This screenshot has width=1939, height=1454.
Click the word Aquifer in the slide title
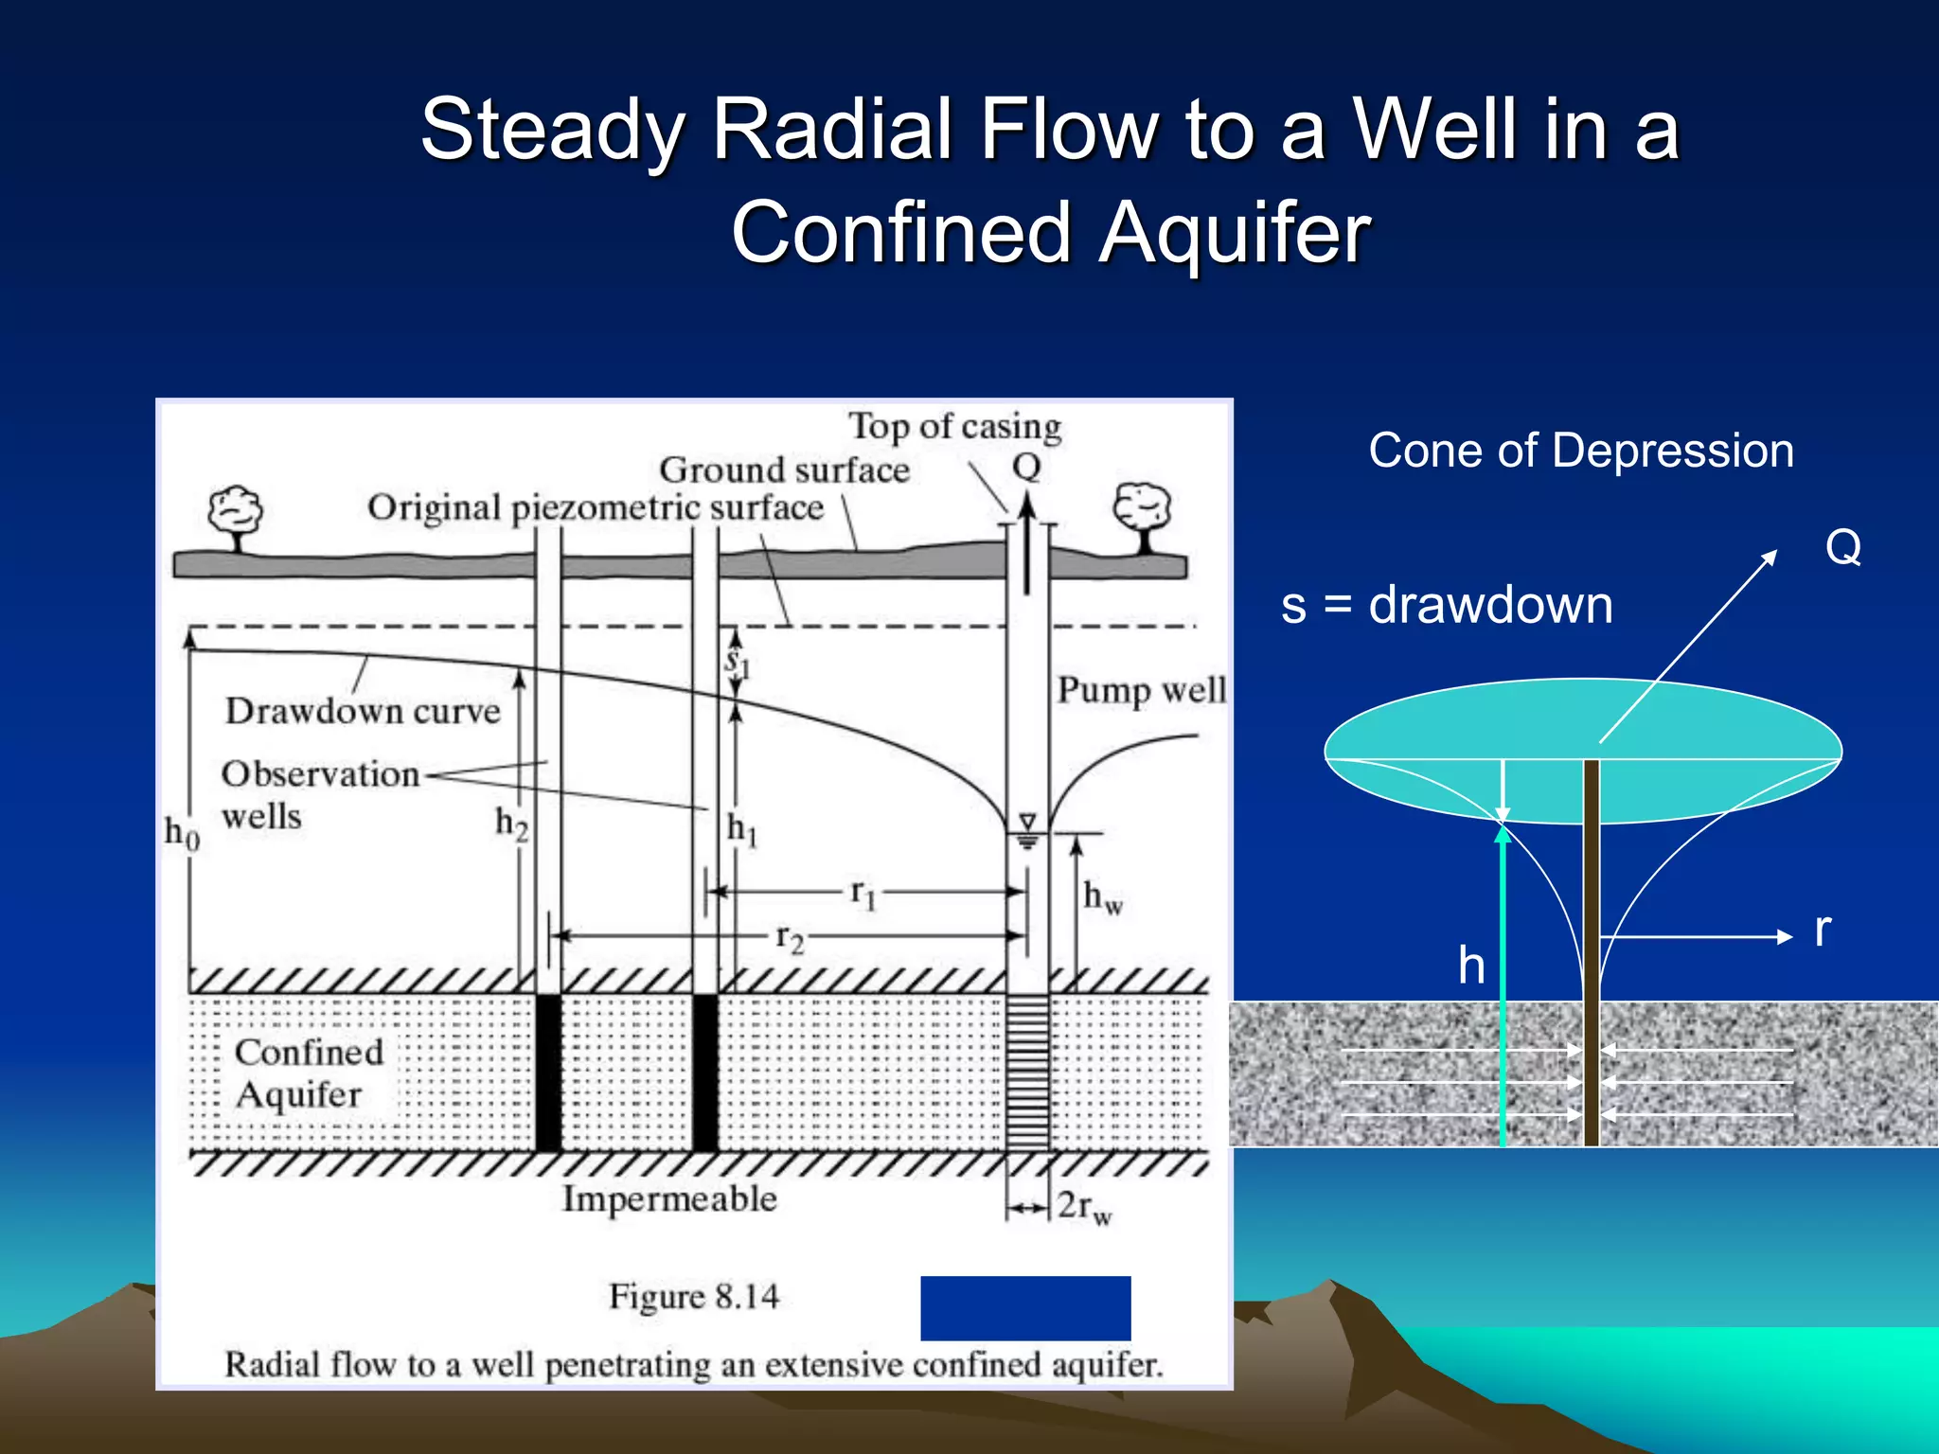1235,233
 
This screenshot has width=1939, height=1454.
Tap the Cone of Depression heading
1580,451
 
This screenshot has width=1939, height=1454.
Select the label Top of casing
954,427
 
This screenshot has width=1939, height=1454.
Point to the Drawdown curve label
363,711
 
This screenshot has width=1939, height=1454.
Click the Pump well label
1141,690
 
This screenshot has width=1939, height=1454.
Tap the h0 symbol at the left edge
182,833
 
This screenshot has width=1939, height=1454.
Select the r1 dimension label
863,893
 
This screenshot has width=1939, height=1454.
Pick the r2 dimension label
789,937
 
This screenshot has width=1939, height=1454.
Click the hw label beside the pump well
1102,895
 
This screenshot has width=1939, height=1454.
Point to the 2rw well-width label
1084,1207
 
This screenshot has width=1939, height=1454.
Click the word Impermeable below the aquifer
669,1199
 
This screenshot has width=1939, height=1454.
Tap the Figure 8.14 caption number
694,1296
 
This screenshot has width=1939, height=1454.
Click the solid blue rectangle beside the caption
1025,1307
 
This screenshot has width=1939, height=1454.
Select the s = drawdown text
1446,605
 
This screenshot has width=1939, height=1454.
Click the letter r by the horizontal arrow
1823,930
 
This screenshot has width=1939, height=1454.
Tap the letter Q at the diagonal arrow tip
1842,547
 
